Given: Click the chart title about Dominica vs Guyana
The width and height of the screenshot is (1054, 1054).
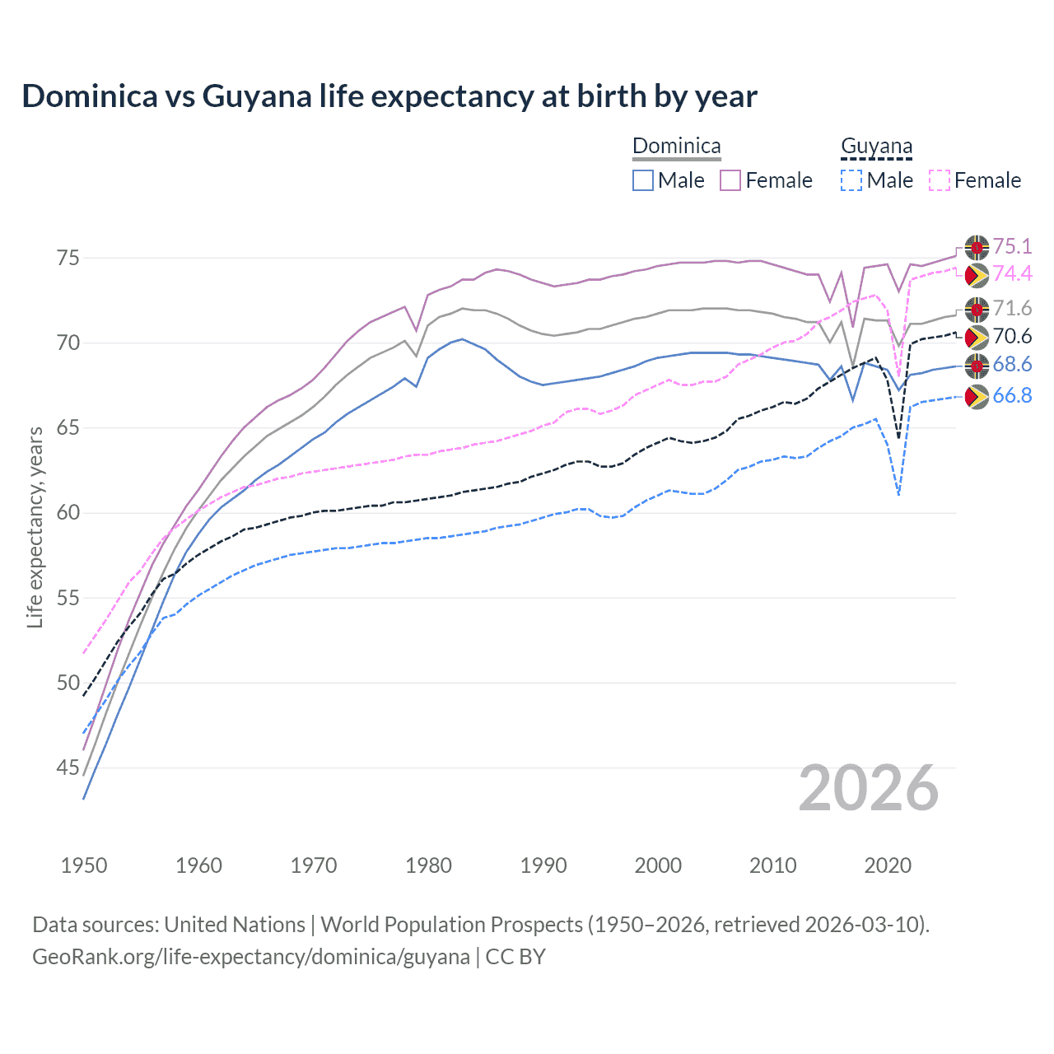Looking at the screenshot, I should tap(389, 96).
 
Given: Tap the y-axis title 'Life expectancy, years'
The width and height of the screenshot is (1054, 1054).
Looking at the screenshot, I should tap(35, 527).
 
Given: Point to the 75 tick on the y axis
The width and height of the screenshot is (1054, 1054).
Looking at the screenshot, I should tap(68, 258).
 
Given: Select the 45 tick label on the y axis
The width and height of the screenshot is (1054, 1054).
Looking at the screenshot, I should tap(68, 767).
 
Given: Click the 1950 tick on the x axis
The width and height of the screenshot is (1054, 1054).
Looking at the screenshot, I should tap(84, 865).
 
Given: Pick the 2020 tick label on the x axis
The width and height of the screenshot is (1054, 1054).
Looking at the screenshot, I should tap(888, 865).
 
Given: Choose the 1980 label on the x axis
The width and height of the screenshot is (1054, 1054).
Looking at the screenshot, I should tap(428, 865).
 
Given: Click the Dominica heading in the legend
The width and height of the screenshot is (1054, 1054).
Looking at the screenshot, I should tap(676, 147).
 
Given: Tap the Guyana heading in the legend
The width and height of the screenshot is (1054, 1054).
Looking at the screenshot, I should tap(876, 147).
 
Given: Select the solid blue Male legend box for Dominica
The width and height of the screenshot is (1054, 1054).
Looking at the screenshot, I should tap(643, 180).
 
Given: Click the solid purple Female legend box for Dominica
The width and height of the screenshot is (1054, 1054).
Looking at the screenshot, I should tap(730, 180).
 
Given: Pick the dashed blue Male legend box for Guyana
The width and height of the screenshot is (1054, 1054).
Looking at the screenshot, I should tap(851, 180).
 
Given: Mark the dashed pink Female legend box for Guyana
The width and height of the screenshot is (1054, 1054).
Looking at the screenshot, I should tap(939, 180).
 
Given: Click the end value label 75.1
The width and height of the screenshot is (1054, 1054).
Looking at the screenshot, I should tap(1012, 246).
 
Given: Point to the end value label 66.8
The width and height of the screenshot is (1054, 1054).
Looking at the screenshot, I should tap(1012, 396).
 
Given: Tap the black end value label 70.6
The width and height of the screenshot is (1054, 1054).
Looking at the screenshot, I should tap(1012, 336).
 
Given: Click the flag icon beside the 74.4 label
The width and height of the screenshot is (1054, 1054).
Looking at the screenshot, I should tap(977, 274).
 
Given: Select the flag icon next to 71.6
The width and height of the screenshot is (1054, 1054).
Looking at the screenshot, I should tap(977, 310).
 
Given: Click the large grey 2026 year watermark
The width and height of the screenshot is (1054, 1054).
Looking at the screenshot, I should tap(868, 788).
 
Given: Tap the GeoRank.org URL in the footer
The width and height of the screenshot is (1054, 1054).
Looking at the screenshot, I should tap(251, 957).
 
